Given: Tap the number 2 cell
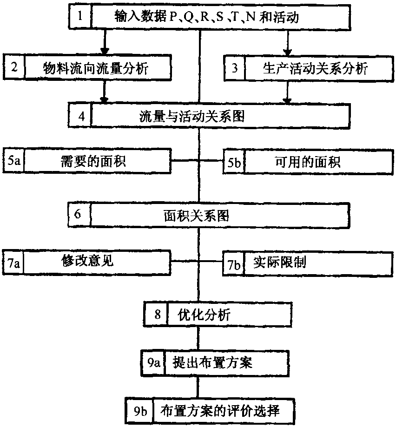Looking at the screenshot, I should pos(14,67).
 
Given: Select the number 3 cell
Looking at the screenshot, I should pos(235,68).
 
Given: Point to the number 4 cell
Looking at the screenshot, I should pos(80,115).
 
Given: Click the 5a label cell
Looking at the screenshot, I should pos(13,161).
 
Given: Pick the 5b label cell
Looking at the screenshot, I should pos(234,162).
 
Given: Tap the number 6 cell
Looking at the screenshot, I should pos(78,215).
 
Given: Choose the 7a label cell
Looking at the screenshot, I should pos(13,263).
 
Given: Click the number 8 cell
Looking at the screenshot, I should pos(157,315).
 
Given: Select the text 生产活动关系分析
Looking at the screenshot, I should pos(313,68).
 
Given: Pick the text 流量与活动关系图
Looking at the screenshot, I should pos(192,115).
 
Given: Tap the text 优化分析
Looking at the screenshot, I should pos(204,315).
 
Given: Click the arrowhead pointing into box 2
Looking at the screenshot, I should pos(105,51).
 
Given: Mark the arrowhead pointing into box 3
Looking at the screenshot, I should pos(288,52).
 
